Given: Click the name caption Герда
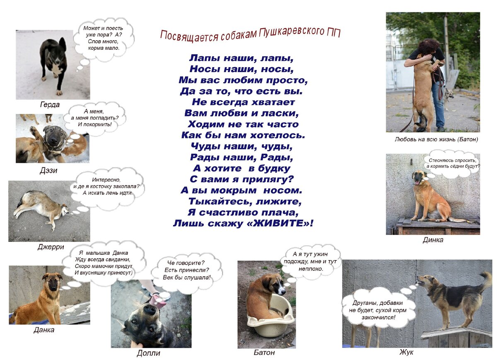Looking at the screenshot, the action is coord(50,104).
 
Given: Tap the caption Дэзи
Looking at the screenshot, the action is coord(48,170).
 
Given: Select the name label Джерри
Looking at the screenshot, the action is coord(51,247).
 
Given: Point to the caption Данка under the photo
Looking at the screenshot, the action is coord(44,330).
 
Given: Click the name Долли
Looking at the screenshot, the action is coord(148,353).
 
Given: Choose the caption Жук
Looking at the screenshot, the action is coord(406,352).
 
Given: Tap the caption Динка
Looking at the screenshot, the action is coord(433,240).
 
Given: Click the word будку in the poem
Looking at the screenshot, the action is coord(274,169).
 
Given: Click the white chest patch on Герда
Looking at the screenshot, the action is coord(57,69).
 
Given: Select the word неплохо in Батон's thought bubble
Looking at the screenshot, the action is coord(311,269).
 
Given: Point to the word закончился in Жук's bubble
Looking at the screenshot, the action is coord(378,317).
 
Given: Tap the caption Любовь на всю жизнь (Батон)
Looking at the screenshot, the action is coord(436,139).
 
